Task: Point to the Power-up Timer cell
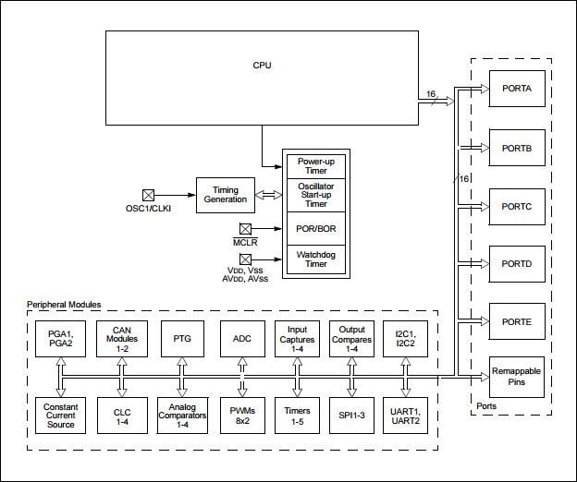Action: coord(315,166)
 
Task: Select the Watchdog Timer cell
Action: coord(315,259)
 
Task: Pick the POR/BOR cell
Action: coord(315,228)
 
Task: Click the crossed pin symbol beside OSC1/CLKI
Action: coord(147,195)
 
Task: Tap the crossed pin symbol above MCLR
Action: coord(245,227)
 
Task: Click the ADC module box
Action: coord(242,338)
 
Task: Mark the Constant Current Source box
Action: coord(60,415)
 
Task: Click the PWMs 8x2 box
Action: coord(242,415)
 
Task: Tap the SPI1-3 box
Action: coord(351,415)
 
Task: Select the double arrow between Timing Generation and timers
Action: coord(268,195)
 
